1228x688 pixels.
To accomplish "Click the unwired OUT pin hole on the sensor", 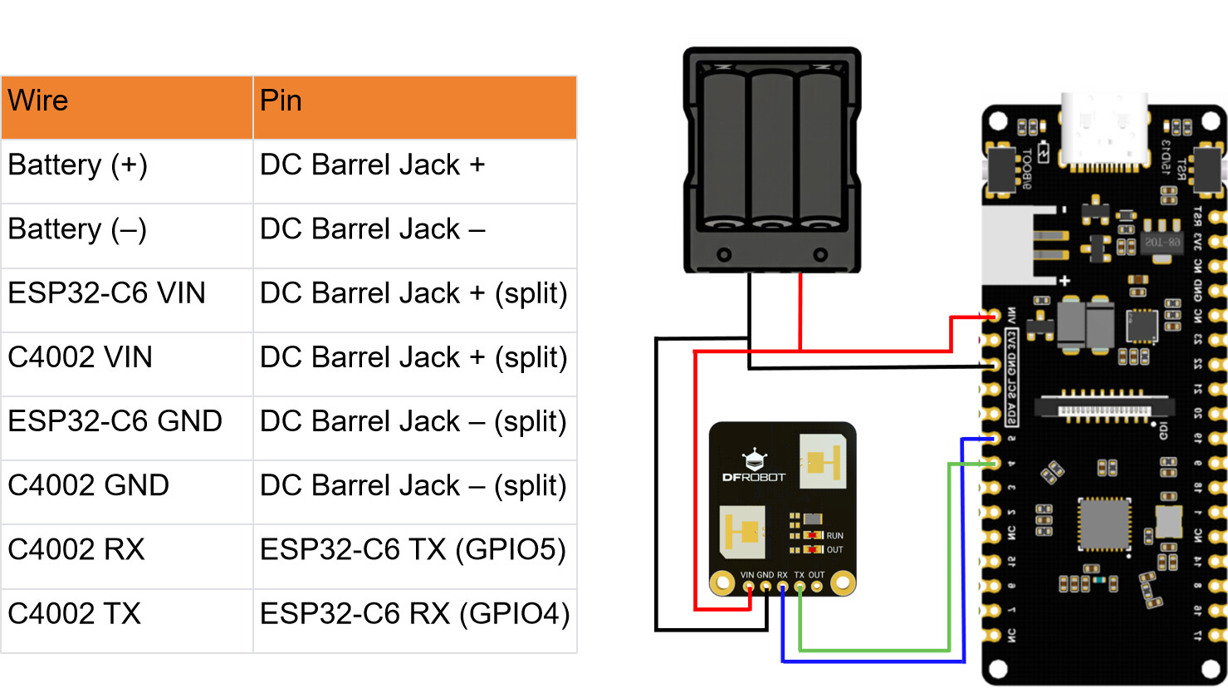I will point(817,587).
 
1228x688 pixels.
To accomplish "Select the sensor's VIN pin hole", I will point(749,587).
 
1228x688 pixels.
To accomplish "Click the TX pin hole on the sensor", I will point(800,587).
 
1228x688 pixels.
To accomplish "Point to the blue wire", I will point(872,661).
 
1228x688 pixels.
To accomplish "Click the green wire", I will point(872,649).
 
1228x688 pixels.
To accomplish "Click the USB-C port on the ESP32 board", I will point(1104,133).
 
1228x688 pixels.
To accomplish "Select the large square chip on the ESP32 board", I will point(1104,524).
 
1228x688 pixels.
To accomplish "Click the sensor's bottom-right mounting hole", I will point(843,583).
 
